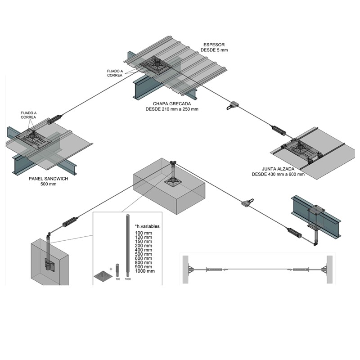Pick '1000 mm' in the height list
(144, 271)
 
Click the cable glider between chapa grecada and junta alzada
(234, 105)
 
